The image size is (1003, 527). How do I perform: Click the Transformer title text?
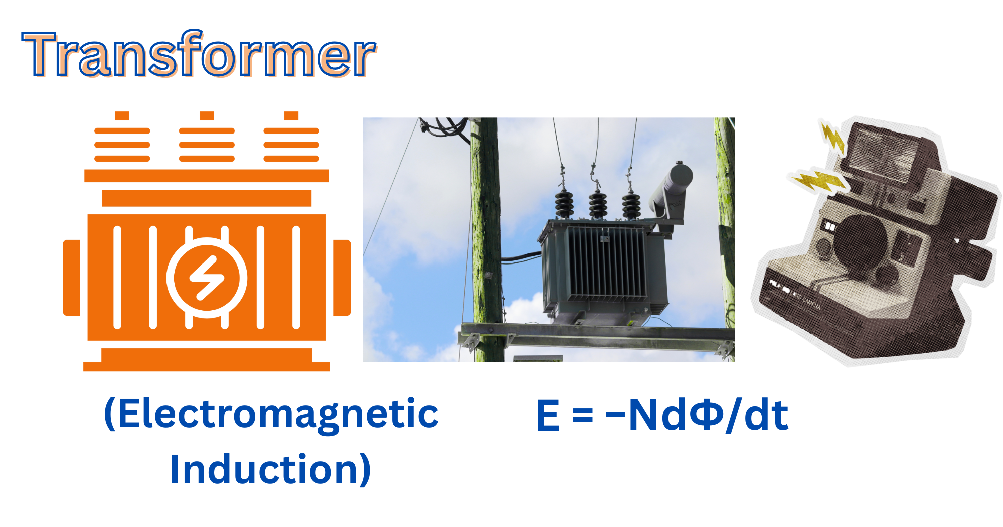[x=199, y=54]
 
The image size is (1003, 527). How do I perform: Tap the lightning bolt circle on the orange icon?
[x=207, y=278]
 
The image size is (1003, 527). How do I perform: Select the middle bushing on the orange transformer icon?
[x=207, y=137]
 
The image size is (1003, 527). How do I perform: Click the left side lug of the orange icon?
[x=72, y=278]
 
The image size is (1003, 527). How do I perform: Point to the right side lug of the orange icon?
[x=342, y=278]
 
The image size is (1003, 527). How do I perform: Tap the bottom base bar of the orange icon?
[x=207, y=360]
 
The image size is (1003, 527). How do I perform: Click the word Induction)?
[x=271, y=469]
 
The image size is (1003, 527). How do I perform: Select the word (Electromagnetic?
[x=271, y=414]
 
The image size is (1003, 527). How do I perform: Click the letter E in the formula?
[x=548, y=415]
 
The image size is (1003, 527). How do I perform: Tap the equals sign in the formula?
[x=582, y=415]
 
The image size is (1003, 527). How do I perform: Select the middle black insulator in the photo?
[x=597, y=203]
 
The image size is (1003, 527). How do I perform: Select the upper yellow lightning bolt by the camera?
[x=832, y=136]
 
